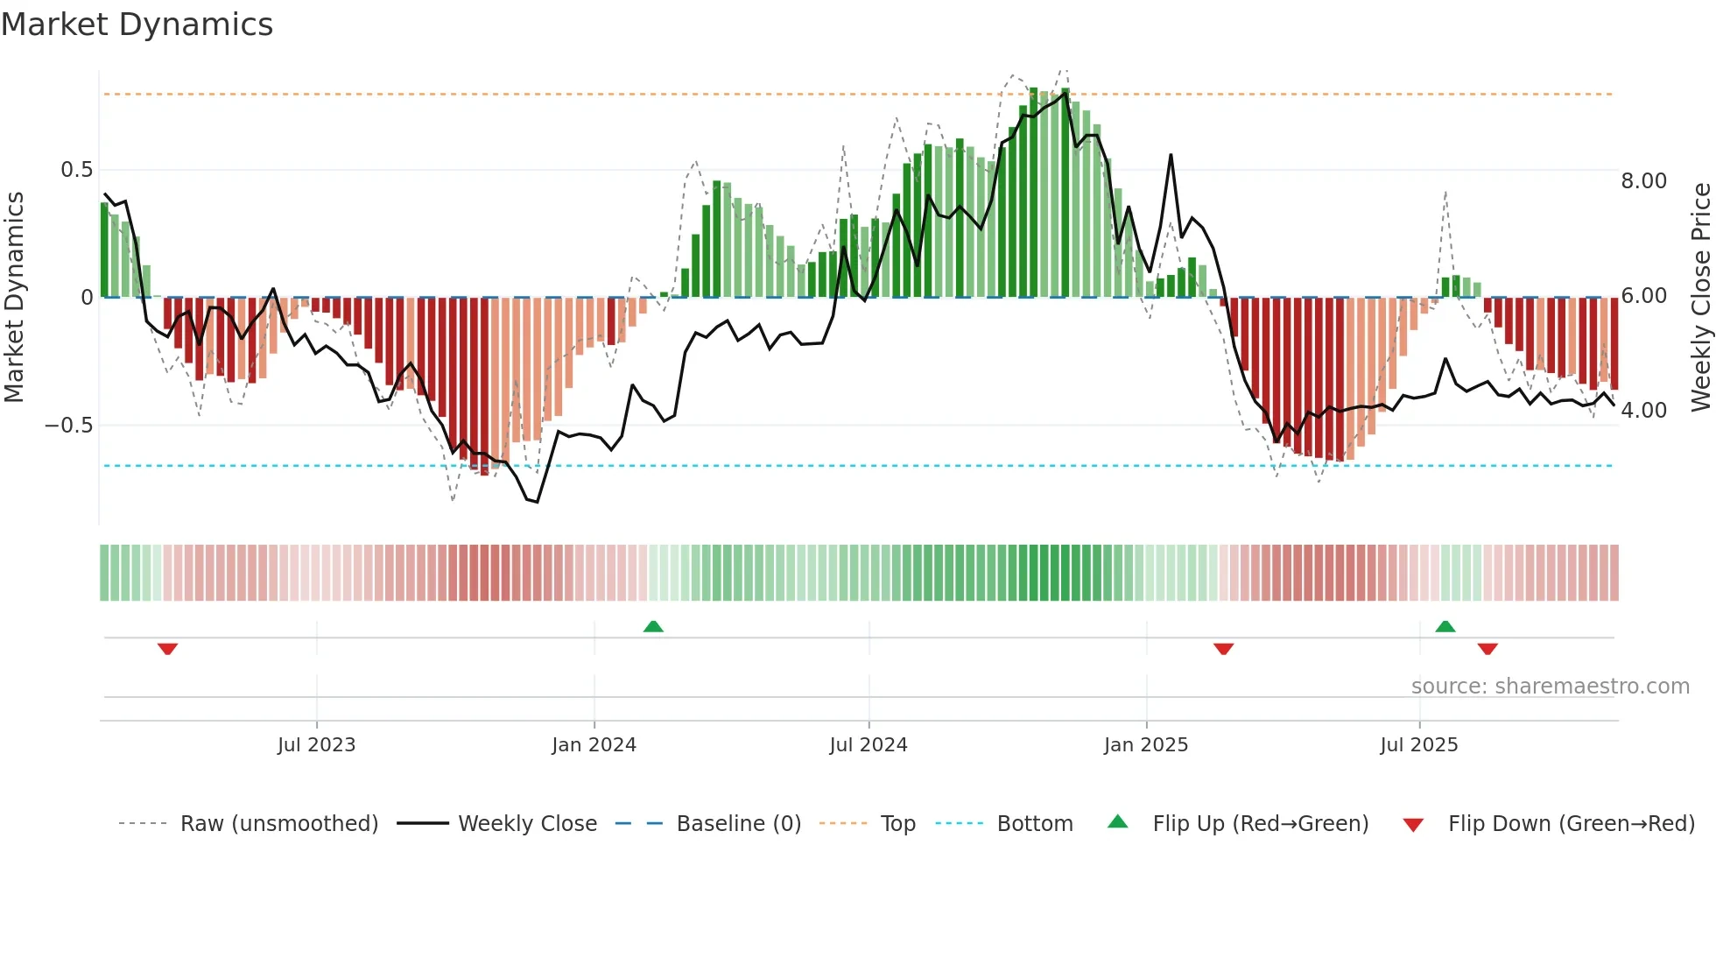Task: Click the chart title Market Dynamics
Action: tap(137, 25)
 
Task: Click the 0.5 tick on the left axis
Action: tap(76, 170)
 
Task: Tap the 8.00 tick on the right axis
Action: tap(1643, 181)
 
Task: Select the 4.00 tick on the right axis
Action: tap(1643, 411)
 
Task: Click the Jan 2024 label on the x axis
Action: tap(594, 745)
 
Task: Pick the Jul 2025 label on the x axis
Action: tap(1418, 745)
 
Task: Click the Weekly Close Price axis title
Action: tap(1700, 298)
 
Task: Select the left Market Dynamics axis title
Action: tap(14, 298)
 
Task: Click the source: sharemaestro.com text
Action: tap(1550, 687)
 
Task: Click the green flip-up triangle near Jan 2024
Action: tap(653, 626)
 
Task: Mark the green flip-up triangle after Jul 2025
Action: tap(1445, 626)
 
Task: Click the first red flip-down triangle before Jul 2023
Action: tap(167, 649)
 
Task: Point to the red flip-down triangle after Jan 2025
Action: tap(1223, 649)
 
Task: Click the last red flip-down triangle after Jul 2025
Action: tap(1487, 649)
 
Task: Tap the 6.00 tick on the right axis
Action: tap(1643, 296)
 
